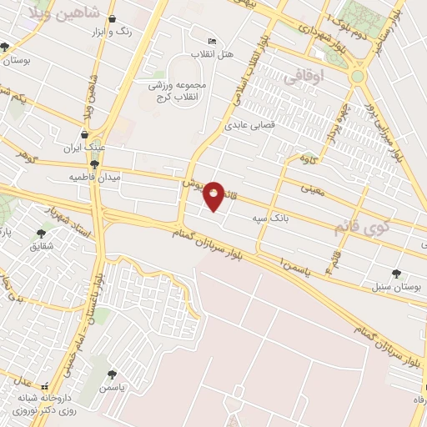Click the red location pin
[x=214, y=196]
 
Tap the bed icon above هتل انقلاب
[x=212, y=41]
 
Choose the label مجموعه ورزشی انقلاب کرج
[x=182, y=91]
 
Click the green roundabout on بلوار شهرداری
[x=358, y=76]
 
